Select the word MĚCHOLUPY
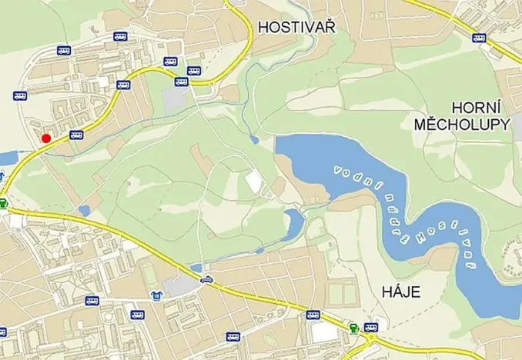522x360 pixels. click(x=462, y=124)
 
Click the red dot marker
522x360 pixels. click(x=46, y=138)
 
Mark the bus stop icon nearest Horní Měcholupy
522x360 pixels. click(x=479, y=38)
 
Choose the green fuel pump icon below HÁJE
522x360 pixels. click(x=354, y=328)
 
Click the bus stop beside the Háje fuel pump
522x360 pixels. click(x=371, y=327)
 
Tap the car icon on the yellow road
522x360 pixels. click(x=206, y=279)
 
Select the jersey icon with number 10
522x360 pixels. click(x=156, y=295)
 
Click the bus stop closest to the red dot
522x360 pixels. click(x=75, y=135)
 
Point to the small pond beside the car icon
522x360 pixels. click(x=196, y=268)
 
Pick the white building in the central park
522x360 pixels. click(x=253, y=182)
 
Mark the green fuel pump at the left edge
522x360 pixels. click(x=4, y=204)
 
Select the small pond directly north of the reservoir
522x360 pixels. click(x=254, y=140)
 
